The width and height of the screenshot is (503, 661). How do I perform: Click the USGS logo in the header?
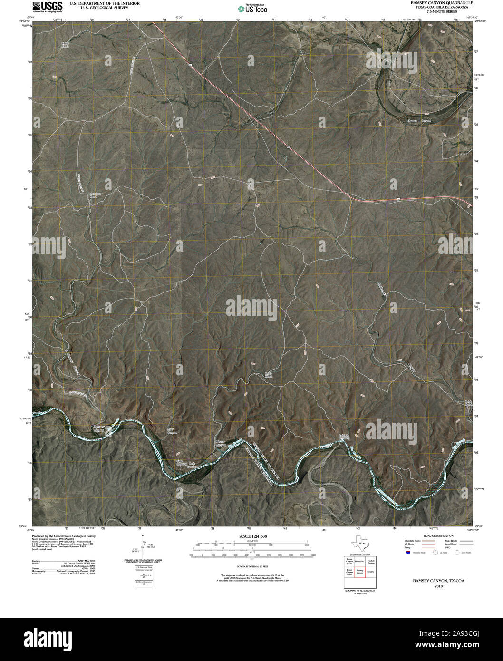[x=47, y=6]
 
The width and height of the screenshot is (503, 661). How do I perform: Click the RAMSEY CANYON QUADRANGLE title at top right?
[x=442, y=3]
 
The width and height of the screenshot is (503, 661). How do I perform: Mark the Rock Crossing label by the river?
[x=192, y=464]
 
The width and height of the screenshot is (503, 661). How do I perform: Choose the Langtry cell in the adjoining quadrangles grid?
[x=371, y=572]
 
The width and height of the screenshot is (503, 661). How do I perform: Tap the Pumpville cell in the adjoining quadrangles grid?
[x=359, y=562]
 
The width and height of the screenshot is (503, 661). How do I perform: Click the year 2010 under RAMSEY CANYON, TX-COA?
[x=438, y=586]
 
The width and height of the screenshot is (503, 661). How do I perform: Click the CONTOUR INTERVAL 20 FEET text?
[x=251, y=567]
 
